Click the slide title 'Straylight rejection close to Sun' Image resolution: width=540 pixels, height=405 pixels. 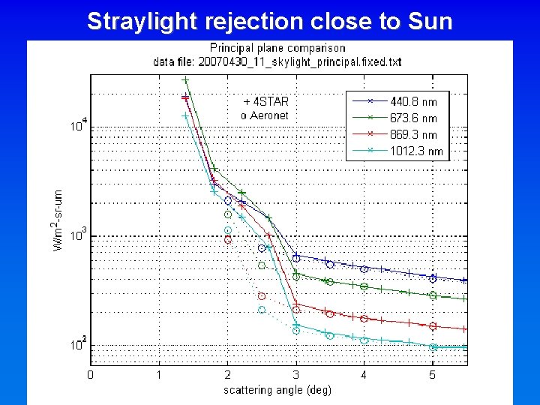270,21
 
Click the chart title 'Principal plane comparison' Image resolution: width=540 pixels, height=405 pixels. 277,48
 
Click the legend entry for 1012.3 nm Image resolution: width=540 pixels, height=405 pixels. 415,151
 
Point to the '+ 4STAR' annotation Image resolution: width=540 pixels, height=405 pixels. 265,101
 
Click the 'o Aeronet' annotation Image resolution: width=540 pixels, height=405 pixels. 264,115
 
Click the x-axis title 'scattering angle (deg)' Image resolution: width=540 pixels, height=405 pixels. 277,389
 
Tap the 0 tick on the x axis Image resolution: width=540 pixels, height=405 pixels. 90,373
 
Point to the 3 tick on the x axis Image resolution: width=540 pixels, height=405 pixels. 295,373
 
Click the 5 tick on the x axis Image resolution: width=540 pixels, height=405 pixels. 432,373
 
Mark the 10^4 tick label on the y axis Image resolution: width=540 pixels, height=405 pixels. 79,125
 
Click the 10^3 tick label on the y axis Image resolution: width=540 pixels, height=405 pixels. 79,234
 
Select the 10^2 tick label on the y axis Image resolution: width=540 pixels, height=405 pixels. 79,343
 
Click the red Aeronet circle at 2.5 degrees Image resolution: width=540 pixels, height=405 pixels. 262,295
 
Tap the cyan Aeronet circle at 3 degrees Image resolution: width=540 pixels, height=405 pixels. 295,330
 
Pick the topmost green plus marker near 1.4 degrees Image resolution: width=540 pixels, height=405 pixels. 184,80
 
